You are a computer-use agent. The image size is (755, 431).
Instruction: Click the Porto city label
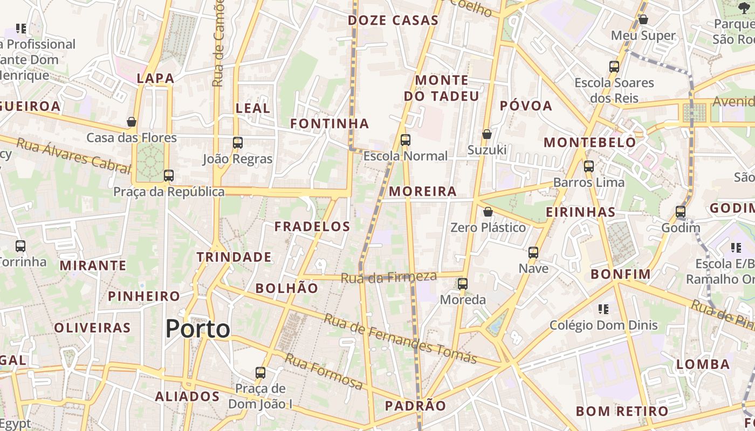pos(197,329)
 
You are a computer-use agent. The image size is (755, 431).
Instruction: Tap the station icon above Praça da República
pos(169,175)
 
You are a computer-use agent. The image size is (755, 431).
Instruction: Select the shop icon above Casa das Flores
pos(132,122)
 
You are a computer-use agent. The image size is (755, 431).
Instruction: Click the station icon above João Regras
pos(237,143)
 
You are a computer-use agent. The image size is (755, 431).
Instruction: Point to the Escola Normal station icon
pos(406,140)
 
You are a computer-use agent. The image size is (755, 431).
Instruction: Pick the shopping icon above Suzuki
pos(487,134)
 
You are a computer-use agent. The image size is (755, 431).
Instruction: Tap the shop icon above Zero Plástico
pos(488,212)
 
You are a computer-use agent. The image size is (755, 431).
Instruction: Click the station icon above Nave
pos(533,252)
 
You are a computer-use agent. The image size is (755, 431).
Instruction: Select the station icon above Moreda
pos(463,283)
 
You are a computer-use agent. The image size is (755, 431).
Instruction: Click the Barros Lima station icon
pos(589,166)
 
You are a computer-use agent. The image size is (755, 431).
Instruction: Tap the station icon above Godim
pos(681,212)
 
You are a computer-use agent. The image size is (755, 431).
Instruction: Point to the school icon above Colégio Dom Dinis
pos(603,309)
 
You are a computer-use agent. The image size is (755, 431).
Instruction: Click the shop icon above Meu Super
pos(643,19)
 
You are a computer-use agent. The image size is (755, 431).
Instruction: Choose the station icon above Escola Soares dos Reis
pos(614,67)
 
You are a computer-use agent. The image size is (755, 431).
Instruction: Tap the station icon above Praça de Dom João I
pos(260,372)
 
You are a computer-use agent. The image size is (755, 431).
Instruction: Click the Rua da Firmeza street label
pos(388,277)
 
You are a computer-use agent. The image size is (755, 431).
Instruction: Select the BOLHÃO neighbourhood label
pos(287,288)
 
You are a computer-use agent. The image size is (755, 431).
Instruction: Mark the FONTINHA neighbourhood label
pos(330,124)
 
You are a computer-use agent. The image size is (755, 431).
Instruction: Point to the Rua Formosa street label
pos(324,371)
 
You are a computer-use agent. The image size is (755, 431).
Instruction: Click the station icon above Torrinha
pos(20,246)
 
